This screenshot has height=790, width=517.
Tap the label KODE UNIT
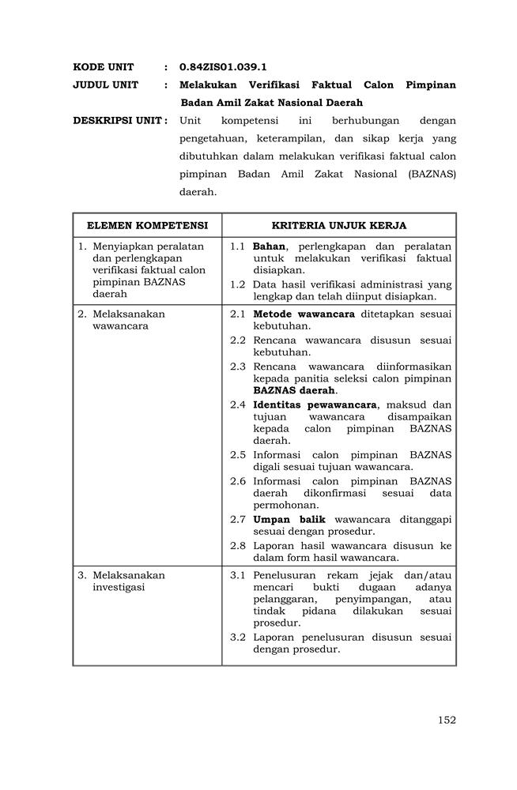(x=104, y=67)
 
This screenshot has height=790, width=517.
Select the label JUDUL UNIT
(x=106, y=85)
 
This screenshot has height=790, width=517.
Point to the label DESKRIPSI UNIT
(x=119, y=121)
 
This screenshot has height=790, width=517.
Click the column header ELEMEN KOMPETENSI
(x=147, y=225)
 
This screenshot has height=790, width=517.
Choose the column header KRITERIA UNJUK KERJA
(x=339, y=225)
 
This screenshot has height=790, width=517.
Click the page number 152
(x=447, y=720)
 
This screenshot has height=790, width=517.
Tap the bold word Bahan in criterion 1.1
(x=269, y=246)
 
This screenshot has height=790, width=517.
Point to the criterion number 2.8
(x=238, y=546)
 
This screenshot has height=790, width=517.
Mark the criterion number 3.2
(x=238, y=638)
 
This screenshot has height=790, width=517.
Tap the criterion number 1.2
(x=238, y=284)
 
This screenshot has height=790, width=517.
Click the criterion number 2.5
(x=238, y=455)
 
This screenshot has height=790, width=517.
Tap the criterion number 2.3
(x=238, y=367)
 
